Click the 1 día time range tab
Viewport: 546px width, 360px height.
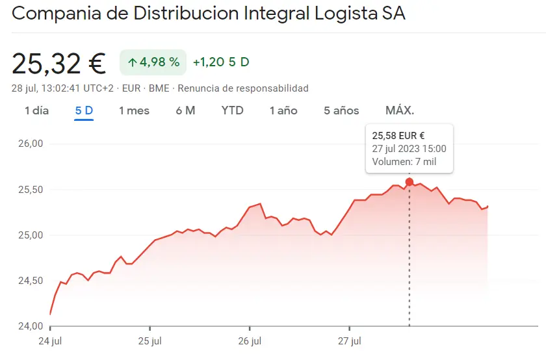36,110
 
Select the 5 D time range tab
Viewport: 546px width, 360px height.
84,110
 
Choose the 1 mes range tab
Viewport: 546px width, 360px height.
134,110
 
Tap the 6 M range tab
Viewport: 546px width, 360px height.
185,110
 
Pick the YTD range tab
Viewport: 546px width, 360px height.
232,110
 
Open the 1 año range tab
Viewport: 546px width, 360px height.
283,110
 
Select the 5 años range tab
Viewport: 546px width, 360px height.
341,110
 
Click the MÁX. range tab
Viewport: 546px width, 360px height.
400,110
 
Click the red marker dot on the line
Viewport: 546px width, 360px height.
409,182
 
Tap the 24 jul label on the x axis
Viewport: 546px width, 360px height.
50,341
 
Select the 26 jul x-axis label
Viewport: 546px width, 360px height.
250,341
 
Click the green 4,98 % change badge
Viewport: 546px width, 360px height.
153,62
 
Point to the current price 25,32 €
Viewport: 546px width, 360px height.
58,63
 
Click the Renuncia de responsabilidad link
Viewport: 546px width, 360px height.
243,88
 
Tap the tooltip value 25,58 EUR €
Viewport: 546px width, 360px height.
398,136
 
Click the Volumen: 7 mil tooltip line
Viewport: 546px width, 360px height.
404,162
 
